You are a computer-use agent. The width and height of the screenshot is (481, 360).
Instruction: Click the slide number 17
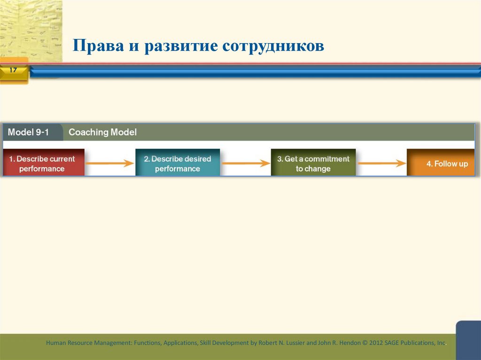click(x=13, y=70)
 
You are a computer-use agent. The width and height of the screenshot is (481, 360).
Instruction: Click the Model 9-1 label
click(x=28, y=132)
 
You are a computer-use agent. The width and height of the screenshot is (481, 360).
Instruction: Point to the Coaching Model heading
click(x=102, y=132)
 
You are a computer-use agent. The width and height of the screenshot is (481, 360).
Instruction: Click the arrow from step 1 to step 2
click(x=110, y=164)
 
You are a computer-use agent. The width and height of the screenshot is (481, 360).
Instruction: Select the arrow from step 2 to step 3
click(x=245, y=164)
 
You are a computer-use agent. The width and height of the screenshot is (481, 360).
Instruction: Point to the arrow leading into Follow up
click(x=381, y=164)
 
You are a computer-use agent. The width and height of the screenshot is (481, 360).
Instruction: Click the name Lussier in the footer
click(x=293, y=343)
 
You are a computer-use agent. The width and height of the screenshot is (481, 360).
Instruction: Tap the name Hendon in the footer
click(x=348, y=343)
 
